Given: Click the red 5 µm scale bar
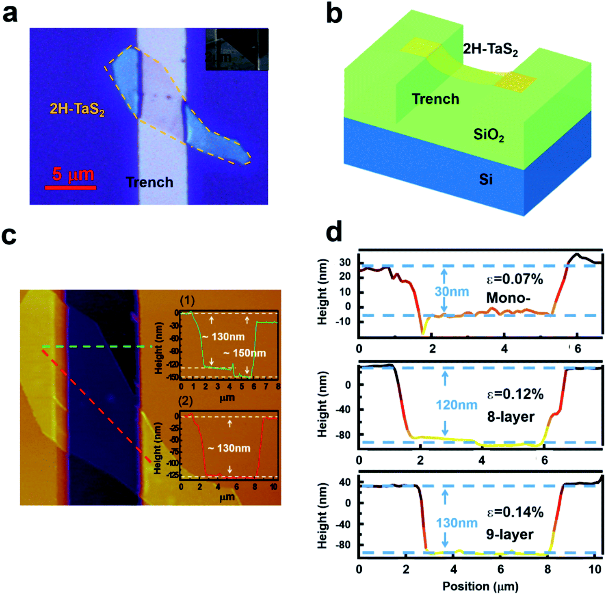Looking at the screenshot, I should coord(71,187).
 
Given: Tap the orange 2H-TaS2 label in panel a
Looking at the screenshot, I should coord(77,109).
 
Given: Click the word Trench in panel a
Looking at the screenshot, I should coord(149,182).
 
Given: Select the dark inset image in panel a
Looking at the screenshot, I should coord(237,49).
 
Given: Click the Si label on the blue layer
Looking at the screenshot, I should coord(485,179).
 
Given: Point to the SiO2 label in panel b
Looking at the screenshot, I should coord(489,135).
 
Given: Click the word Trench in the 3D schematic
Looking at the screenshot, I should coord(435,99).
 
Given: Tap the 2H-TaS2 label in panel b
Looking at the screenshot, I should coord(490,49).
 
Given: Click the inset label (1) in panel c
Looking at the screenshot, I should coord(187,301).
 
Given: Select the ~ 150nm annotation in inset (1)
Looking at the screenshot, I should coord(245,353).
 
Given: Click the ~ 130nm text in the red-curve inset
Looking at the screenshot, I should coord(229,448).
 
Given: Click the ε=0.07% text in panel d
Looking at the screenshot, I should coord(514,279).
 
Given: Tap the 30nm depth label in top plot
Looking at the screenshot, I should coord(451,291).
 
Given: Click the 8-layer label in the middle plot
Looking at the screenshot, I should coord(511,417).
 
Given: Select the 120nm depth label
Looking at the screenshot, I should coord(456,405).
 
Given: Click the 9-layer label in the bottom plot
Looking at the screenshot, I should coord(509,534).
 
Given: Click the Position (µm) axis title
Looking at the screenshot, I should coord(480,586).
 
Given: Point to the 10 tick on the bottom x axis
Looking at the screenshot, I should coord(595,569).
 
